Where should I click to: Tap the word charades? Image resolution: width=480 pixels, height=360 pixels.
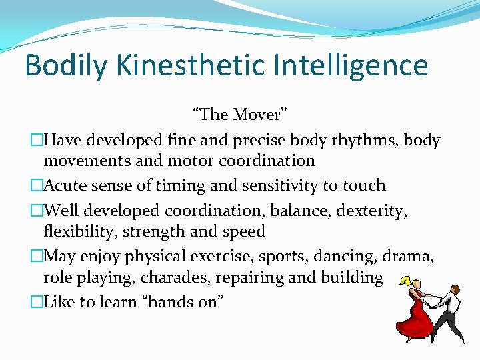point(168,277)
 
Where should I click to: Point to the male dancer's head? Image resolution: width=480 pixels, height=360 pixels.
point(455,289)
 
